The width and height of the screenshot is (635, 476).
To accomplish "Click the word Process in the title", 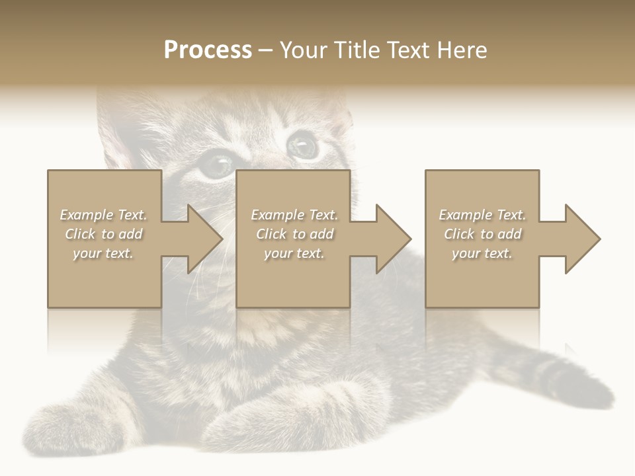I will (208, 50).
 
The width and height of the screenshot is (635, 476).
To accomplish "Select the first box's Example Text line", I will (103, 215).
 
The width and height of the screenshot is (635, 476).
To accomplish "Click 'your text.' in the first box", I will (103, 253).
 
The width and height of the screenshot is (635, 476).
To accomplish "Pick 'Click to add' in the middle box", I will (294, 234).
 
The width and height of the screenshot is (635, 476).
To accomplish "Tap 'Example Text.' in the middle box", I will (294, 215).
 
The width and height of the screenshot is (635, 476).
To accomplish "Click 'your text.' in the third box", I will (482, 253).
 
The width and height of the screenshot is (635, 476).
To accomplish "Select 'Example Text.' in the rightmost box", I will (482, 215).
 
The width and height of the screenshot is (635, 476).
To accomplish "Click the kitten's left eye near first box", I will (216, 164).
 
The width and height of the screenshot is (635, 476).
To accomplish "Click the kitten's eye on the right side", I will (303, 143).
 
